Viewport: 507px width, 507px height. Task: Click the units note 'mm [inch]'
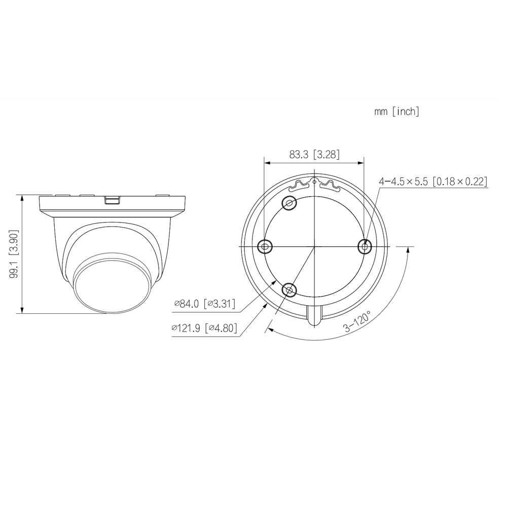click(x=396, y=112)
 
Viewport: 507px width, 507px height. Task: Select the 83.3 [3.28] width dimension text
click(x=314, y=155)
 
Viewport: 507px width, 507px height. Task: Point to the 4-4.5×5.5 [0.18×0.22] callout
click(x=433, y=181)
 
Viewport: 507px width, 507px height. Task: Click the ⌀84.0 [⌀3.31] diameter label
click(x=204, y=304)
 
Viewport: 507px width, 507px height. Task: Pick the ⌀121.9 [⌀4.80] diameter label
click(x=204, y=328)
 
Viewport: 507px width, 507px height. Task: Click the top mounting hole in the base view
click(x=289, y=203)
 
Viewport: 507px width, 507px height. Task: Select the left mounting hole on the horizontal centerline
click(x=265, y=246)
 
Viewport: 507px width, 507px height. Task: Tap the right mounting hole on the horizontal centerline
click(x=364, y=246)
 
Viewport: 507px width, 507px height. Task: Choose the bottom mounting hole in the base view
click(x=289, y=290)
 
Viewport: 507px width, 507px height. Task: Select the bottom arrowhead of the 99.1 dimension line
click(x=22, y=310)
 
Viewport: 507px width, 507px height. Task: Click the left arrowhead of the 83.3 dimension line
click(x=267, y=163)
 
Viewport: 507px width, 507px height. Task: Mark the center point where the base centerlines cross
click(x=314, y=246)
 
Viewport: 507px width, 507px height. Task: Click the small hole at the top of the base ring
click(x=314, y=180)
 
